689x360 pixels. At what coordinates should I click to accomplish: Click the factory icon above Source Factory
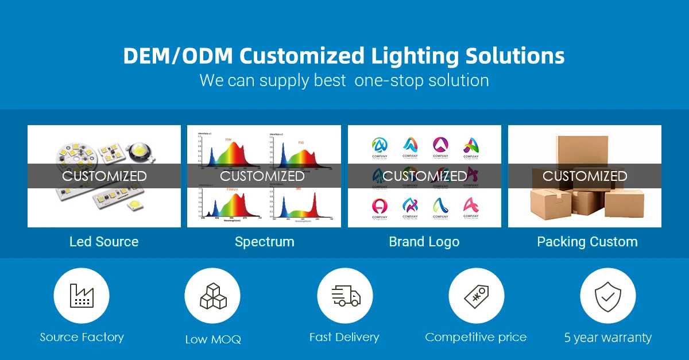tap(82, 296)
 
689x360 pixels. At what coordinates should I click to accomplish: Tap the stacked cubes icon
tap(212, 296)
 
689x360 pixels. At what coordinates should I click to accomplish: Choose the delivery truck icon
tap(345, 296)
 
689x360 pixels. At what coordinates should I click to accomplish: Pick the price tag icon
tap(476, 296)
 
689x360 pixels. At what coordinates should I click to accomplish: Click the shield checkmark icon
tap(607, 296)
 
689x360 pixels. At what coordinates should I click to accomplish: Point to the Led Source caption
tap(104, 242)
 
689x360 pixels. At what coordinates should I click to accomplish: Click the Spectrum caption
tap(264, 242)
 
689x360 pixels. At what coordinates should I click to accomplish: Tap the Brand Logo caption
tap(424, 242)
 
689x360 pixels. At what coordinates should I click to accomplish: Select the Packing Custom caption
tap(587, 242)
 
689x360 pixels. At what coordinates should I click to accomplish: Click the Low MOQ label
tap(213, 339)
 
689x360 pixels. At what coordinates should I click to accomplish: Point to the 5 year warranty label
tap(607, 338)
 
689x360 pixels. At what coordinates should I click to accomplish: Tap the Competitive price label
tap(475, 337)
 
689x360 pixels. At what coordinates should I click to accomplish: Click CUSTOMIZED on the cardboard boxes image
tap(585, 176)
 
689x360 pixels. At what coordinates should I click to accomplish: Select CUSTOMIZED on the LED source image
tap(104, 176)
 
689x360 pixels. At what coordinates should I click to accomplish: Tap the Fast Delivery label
tap(344, 337)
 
